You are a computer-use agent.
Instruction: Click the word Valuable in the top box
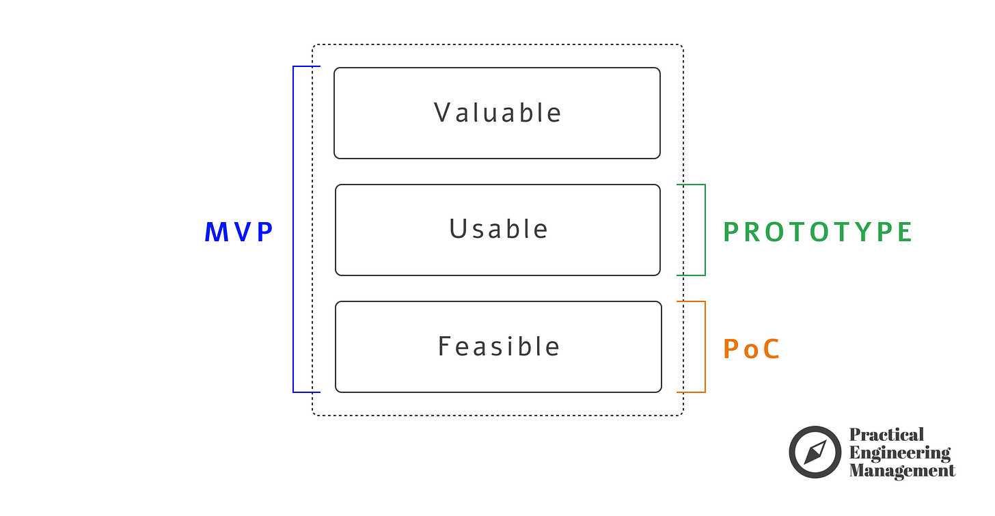point(497,113)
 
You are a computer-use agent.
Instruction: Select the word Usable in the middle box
point(498,230)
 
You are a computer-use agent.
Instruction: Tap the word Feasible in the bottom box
point(498,347)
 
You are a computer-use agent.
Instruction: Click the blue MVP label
point(238,233)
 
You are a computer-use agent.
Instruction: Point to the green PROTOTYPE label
point(817,232)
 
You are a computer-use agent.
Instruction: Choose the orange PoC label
point(751,350)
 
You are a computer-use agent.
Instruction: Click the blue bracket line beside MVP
point(293,230)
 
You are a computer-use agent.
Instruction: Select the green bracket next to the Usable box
point(705,230)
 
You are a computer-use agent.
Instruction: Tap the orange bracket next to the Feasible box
point(705,347)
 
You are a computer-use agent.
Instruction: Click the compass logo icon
point(815,452)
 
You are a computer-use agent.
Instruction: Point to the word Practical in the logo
point(886,435)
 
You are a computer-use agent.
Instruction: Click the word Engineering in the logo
point(899,452)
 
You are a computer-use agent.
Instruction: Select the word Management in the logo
point(902,470)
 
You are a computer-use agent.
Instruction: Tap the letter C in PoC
point(771,350)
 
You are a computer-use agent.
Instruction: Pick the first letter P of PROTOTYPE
point(731,232)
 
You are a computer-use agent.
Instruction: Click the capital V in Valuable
point(442,113)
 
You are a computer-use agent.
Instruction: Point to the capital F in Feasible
point(444,347)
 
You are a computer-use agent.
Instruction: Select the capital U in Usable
point(457,230)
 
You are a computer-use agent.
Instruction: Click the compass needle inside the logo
point(815,452)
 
